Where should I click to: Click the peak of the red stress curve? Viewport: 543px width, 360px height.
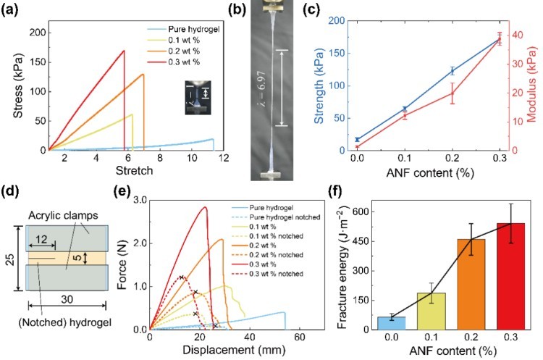[124, 51]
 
